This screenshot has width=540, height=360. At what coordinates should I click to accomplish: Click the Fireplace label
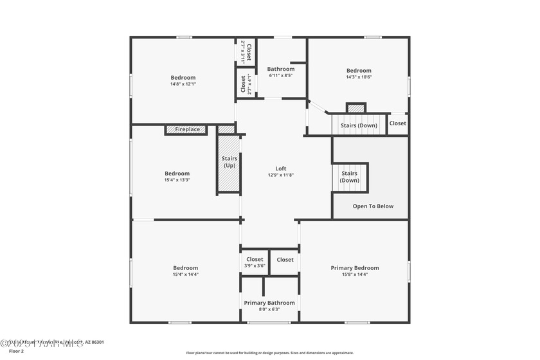click(188, 130)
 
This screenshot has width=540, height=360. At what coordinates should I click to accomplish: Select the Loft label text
click(281, 168)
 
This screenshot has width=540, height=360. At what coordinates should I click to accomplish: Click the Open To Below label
click(373, 206)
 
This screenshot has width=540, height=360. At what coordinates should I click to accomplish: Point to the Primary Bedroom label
click(355, 268)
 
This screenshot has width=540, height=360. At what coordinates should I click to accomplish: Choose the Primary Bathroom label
click(269, 303)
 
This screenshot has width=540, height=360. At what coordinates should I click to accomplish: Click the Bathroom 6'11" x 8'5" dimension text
click(281, 76)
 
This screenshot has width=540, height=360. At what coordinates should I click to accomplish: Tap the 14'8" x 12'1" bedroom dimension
click(183, 84)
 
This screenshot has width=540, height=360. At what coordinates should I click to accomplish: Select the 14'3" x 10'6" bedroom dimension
click(359, 77)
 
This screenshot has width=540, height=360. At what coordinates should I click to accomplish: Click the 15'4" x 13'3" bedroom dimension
click(177, 180)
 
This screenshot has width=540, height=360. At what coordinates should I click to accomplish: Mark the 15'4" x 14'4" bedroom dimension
click(185, 274)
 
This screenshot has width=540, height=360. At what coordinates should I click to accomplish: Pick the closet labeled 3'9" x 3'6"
click(255, 262)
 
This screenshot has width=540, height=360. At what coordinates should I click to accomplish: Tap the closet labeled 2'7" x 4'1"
click(246, 84)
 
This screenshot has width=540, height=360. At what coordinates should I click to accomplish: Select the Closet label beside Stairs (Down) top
click(397, 123)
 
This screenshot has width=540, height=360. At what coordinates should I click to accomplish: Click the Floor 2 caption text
click(16, 352)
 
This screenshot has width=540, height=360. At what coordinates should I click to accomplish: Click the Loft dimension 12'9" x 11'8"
click(281, 175)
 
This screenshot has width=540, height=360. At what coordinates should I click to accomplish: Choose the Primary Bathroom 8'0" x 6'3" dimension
click(269, 309)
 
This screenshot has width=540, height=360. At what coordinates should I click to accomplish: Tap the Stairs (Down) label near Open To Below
click(350, 177)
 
